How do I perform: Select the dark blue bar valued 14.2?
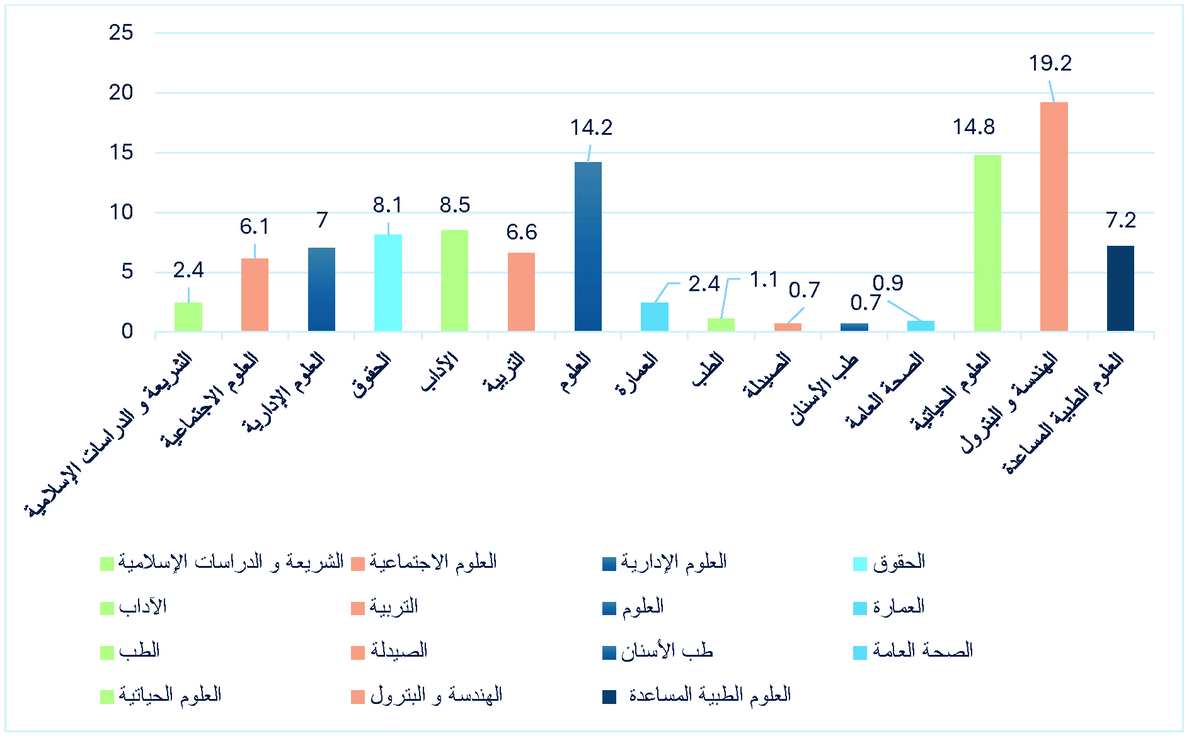pos(588,246)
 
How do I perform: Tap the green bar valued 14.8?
pos(987,243)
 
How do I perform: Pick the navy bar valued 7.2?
pos(1120,288)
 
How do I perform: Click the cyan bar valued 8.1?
pos(388,282)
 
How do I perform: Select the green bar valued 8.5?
pos(454,280)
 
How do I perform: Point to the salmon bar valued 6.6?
pos(521,292)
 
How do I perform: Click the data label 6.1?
pos(255,226)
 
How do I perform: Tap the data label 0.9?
pos(888,283)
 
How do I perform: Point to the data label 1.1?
pos(764,279)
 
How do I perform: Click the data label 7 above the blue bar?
pos(322,220)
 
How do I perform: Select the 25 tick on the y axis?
pos(121,32)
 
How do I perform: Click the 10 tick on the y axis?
pos(121,212)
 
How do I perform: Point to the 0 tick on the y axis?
pos(127,332)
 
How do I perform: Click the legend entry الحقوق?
pos(899,562)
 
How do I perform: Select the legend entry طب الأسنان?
pos(667,651)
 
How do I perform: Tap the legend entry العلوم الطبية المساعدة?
pos(709,696)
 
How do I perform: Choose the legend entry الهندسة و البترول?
pos(436,696)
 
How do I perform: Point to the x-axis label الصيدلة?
pos(767,376)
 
